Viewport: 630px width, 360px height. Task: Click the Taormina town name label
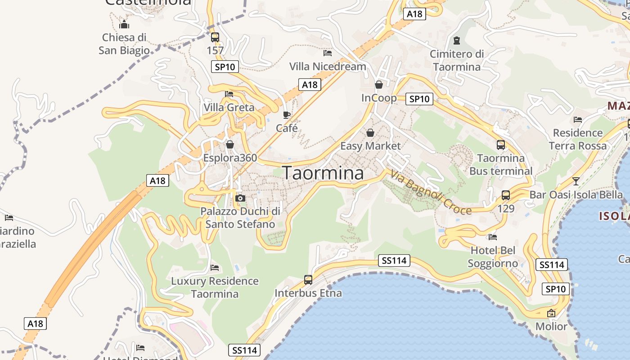click(323, 173)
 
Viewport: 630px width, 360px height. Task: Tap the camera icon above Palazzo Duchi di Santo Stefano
click(240, 198)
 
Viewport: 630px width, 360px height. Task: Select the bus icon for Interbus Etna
click(308, 279)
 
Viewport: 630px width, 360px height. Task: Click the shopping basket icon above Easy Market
click(370, 133)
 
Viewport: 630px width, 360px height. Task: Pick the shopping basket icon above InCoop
click(379, 85)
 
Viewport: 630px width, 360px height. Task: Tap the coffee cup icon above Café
click(287, 115)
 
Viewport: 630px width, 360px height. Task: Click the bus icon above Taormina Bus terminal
click(501, 145)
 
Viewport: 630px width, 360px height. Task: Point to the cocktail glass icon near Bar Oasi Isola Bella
click(576, 181)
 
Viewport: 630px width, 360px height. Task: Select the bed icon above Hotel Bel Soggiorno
click(493, 237)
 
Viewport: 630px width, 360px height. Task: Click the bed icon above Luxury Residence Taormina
click(215, 268)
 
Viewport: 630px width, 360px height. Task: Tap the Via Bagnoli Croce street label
click(431, 192)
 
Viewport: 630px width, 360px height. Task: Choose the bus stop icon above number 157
click(215, 37)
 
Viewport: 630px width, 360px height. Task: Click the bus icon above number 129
click(506, 195)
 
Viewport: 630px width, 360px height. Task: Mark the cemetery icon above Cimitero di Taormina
click(457, 40)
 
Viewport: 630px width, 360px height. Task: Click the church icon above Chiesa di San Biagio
click(124, 24)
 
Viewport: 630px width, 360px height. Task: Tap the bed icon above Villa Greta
click(229, 94)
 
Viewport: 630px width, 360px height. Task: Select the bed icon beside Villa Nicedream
click(328, 53)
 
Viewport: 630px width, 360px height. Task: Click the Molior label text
click(551, 326)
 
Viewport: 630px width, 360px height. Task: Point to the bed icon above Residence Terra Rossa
click(578, 120)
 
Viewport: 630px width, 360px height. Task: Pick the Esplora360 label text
click(230, 158)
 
